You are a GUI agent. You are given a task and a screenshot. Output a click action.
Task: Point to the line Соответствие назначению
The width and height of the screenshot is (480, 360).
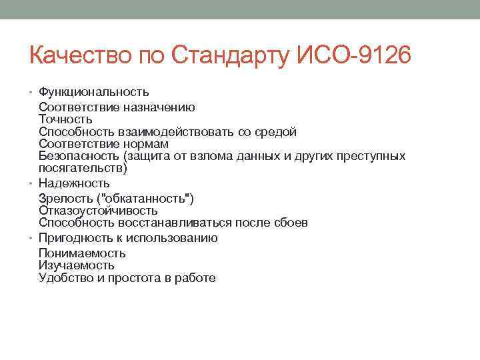[x=117, y=107]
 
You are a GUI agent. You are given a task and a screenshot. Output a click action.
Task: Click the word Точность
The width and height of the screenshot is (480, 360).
[x=65, y=119]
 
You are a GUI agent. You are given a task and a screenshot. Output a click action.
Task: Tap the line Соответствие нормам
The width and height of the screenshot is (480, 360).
[x=103, y=144]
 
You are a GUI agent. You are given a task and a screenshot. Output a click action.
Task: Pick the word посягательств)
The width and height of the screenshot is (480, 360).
[x=83, y=168]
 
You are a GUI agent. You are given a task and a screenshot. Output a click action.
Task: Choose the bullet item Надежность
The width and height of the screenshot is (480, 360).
[x=74, y=183]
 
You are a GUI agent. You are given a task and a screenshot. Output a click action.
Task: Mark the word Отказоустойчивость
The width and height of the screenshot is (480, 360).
[x=98, y=211]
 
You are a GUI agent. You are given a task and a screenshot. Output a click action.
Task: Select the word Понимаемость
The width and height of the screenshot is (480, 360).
[x=82, y=253]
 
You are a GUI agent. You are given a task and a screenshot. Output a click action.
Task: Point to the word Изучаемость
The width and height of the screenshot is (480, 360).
[x=77, y=265]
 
